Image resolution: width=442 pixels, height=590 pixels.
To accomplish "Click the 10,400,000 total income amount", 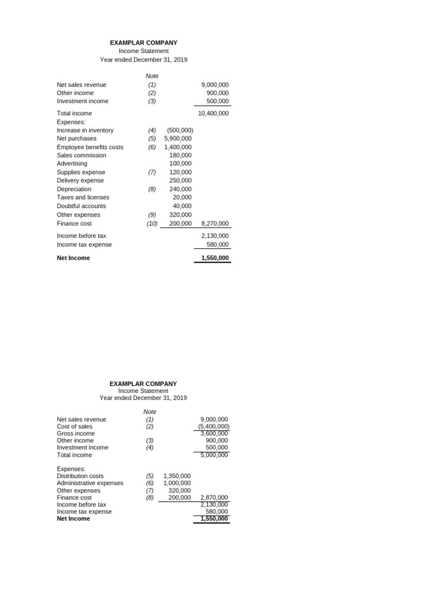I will tap(213, 114).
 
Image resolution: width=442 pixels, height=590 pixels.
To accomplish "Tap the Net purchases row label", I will tap(77, 138).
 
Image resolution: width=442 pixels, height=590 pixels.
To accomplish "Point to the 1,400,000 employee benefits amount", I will tap(178, 147).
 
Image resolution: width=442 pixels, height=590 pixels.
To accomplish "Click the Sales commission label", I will tap(81, 155).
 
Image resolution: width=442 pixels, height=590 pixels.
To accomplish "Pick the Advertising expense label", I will tap(72, 164).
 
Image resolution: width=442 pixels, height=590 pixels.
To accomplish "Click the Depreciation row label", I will tap(74, 189).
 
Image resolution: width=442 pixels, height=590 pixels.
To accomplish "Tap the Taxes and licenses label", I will tap(83, 197).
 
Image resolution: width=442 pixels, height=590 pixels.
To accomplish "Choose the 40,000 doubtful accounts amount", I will tap(182, 206).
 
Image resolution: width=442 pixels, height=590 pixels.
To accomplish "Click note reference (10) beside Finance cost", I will tap(152, 224).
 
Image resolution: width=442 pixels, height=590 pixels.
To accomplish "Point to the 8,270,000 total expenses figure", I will tap(215, 224).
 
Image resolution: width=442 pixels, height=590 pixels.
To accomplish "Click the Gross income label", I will tap(75, 433).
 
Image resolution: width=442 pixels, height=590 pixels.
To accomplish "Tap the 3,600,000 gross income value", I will tap(214, 433).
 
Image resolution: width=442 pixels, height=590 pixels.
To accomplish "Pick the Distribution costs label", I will tap(80, 476).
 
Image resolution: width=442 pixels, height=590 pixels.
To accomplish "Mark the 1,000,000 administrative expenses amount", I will tap(177, 483).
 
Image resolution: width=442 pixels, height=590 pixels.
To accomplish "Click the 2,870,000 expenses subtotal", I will tap(214, 497).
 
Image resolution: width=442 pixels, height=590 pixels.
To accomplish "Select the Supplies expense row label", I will tap(81, 172).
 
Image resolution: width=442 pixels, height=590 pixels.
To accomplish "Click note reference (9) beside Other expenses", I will tap(152, 215).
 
